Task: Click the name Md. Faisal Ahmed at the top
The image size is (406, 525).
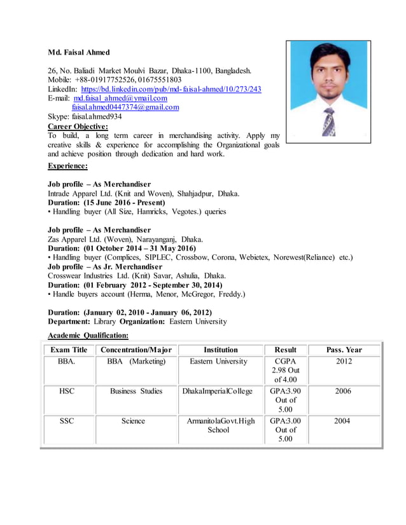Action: click(x=79, y=52)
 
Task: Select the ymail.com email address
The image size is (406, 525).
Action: click(x=120, y=99)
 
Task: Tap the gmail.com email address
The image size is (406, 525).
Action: click(x=125, y=107)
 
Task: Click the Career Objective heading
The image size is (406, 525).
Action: click(x=78, y=126)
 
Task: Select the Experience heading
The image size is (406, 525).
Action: click(x=67, y=166)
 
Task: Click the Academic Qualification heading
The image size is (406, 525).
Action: click(x=88, y=335)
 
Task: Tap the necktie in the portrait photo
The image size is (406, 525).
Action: click(x=328, y=120)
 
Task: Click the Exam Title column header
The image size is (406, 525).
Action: click(x=69, y=350)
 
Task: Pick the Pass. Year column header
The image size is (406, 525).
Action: click(x=344, y=350)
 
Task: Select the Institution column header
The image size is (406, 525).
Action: click(x=221, y=350)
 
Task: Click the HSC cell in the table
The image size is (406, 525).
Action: click(x=67, y=392)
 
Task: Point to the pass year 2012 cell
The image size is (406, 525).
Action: click(x=343, y=362)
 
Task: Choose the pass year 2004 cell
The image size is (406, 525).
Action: click(x=343, y=421)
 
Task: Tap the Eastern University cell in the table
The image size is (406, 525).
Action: click(x=218, y=362)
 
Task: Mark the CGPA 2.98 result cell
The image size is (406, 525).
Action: click(x=286, y=371)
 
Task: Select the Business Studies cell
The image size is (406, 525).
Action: click(x=136, y=392)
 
